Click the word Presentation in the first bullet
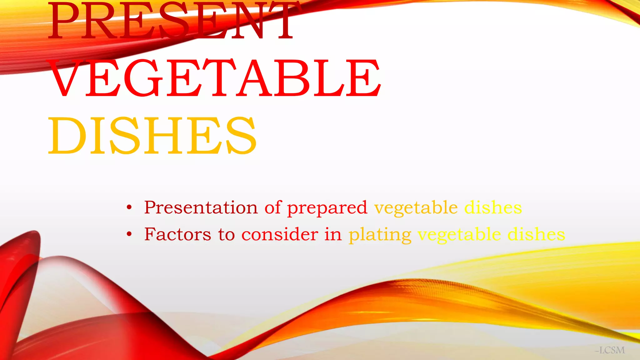click(201, 207)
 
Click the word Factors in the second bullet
click(177, 234)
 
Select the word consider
click(280, 234)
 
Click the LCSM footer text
click(611, 350)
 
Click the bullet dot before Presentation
click(129, 207)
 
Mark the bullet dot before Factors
click(129, 234)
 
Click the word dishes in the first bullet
click(493, 207)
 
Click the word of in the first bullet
click(273, 207)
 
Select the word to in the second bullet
click(227, 234)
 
